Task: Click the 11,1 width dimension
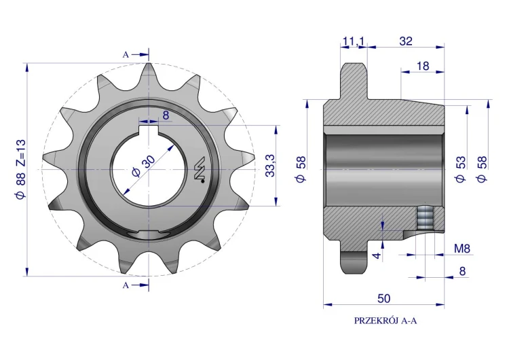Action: [x=354, y=41]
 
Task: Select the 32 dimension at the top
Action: [x=406, y=41]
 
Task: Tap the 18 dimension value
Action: [x=422, y=66]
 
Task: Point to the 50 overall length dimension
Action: [x=383, y=298]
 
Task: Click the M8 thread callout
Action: [x=462, y=249]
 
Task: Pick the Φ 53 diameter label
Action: [x=461, y=169]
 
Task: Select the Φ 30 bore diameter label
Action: [x=144, y=166]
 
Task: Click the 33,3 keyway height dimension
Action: [x=270, y=166]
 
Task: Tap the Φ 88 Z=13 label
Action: [x=20, y=170]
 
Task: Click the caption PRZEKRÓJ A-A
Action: [x=385, y=321]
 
